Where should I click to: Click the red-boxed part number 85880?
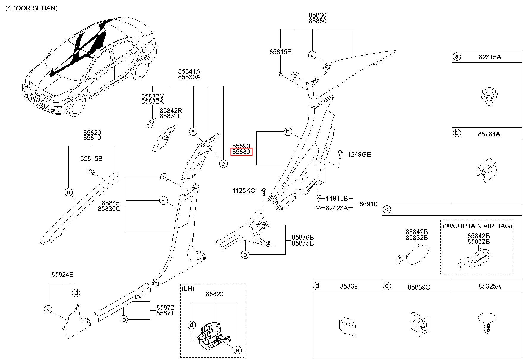[241, 152]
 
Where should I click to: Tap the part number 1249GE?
[359, 154]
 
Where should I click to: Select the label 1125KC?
[244, 191]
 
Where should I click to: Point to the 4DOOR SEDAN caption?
[31, 8]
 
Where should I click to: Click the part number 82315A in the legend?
[490, 57]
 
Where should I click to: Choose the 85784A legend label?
[489, 134]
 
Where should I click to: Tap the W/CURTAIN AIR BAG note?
[477, 226]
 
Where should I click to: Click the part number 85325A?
[490, 286]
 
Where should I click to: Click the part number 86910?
[368, 204]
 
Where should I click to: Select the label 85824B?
[62, 274]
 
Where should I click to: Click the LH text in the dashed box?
[188, 288]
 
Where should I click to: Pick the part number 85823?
[215, 294]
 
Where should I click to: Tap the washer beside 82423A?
[318, 207]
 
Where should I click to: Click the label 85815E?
[280, 52]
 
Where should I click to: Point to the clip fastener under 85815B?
[91, 172]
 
